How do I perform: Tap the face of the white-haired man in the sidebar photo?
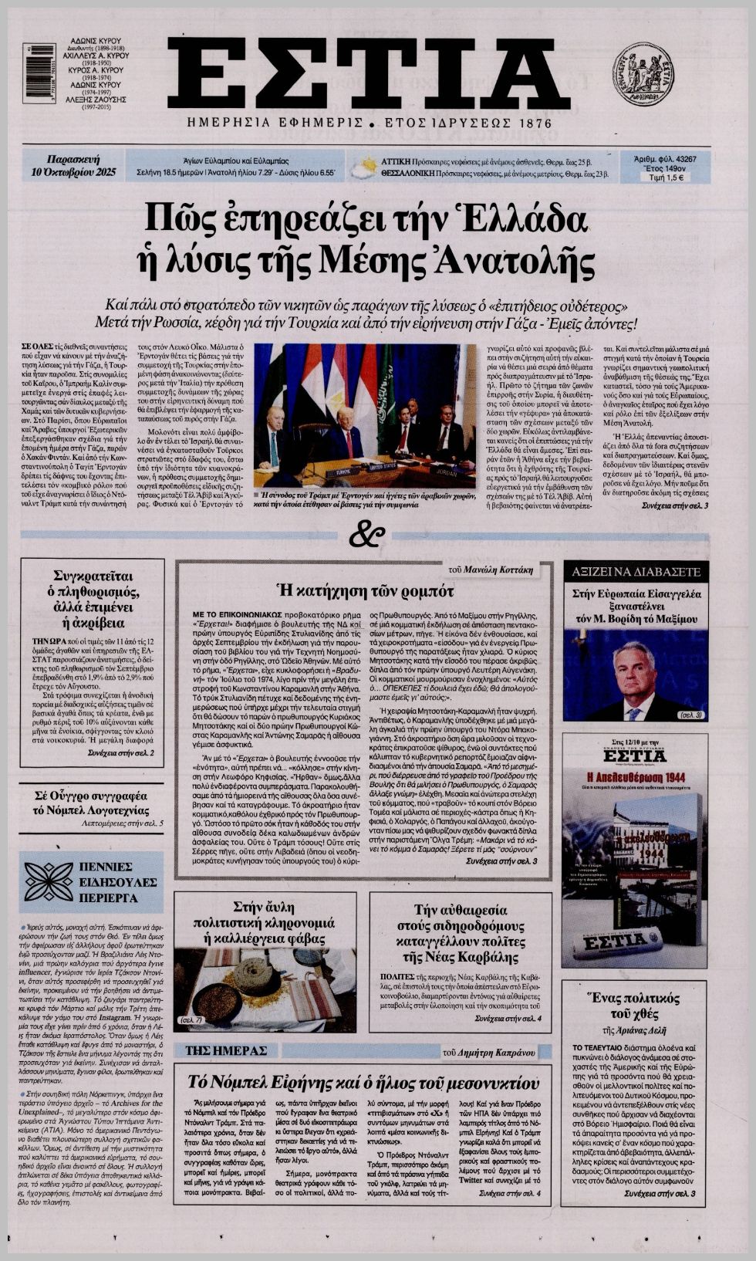tap(633, 671)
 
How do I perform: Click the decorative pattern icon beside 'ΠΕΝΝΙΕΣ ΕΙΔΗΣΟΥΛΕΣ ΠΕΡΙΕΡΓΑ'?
tap(49, 881)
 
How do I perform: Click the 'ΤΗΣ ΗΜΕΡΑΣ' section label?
tap(227, 1050)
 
